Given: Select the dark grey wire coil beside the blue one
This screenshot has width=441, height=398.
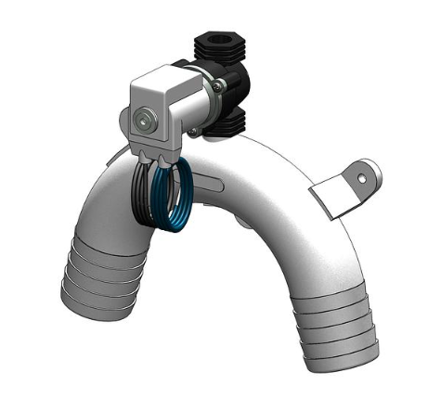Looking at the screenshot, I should (x=149, y=195).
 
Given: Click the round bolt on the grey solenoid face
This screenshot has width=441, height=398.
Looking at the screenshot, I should (x=143, y=119).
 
